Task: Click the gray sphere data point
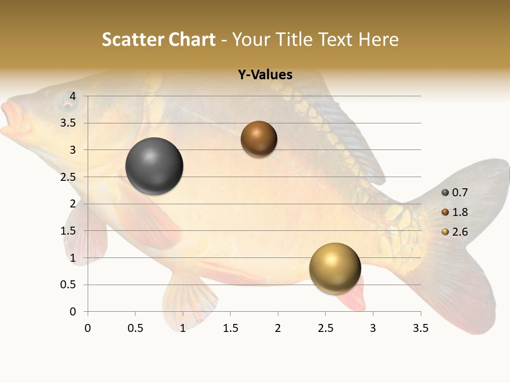154,166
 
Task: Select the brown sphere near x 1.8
259,139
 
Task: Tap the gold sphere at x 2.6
335,268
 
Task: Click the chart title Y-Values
265,75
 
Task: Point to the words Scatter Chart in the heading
158,39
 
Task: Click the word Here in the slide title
378,39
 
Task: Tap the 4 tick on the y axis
73,96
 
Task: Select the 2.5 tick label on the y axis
69,177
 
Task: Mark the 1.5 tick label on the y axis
69,231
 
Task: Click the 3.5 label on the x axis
420,328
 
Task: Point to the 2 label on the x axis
278,328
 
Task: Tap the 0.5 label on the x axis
135,328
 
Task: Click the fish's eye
68,105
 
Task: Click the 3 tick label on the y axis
73,150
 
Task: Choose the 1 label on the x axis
183,328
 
